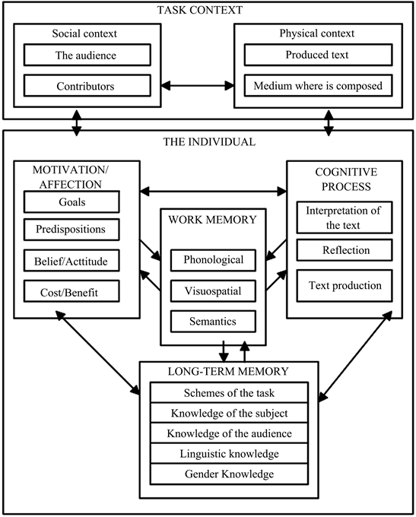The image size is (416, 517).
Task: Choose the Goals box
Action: pyautogui.click(x=71, y=202)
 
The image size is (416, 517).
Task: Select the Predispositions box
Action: pyautogui.click(x=71, y=229)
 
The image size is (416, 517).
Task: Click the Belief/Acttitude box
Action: pyautogui.click(x=71, y=262)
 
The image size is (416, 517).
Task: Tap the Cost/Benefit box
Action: pyautogui.click(x=71, y=291)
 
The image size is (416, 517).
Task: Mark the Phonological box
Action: pyautogui.click(x=213, y=260)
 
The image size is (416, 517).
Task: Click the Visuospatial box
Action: pyautogui.click(x=213, y=290)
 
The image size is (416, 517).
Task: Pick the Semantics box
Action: pyautogui.click(x=213, y=321)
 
